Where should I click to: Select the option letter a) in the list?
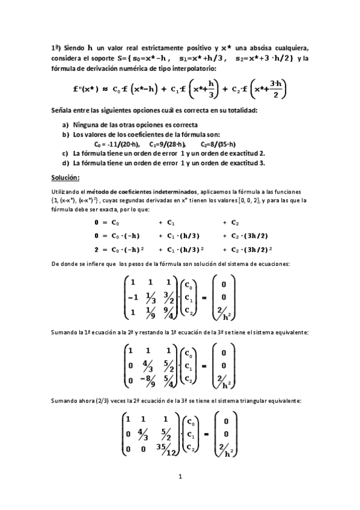tap(65, 124)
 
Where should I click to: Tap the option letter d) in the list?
tap(65, 162)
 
